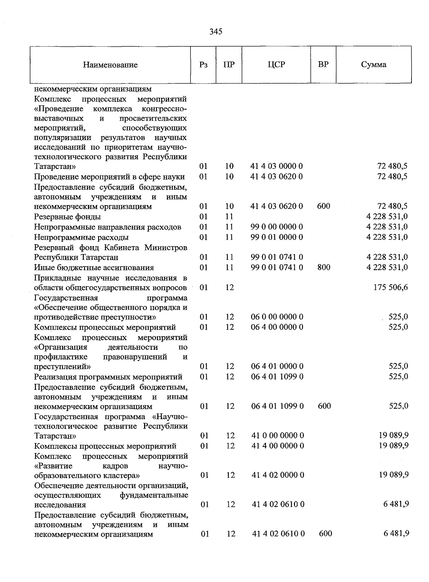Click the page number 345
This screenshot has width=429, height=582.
[x=216, y=32]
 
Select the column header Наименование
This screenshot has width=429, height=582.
[x=110, y=65]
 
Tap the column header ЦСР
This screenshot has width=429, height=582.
[x=276, y=65]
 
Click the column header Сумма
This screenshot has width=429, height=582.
[x=374, y=65]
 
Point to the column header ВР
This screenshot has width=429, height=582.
[x=323, y=65]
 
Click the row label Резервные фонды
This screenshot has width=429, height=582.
[x=67, y=217]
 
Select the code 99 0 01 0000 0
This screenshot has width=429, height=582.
[x=277, y=237]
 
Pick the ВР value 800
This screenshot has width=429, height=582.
[x=324, y=267]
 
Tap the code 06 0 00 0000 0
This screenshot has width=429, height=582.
[x=277, y=317]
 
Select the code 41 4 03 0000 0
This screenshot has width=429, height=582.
[x=276, y=166]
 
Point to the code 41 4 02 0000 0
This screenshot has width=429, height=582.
[x=278, y=475]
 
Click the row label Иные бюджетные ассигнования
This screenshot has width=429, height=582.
[x=94, y=268]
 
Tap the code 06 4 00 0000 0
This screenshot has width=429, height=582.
[x=277, y=327]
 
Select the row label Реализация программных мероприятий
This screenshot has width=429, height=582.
[x=108, y=377]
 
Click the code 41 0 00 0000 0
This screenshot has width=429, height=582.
[x=278, y=436]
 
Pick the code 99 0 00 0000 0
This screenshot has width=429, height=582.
[x=277, y=227]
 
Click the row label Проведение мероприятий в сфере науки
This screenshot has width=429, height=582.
[x=109, y=177]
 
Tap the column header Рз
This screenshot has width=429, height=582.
[x=203, y=65]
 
